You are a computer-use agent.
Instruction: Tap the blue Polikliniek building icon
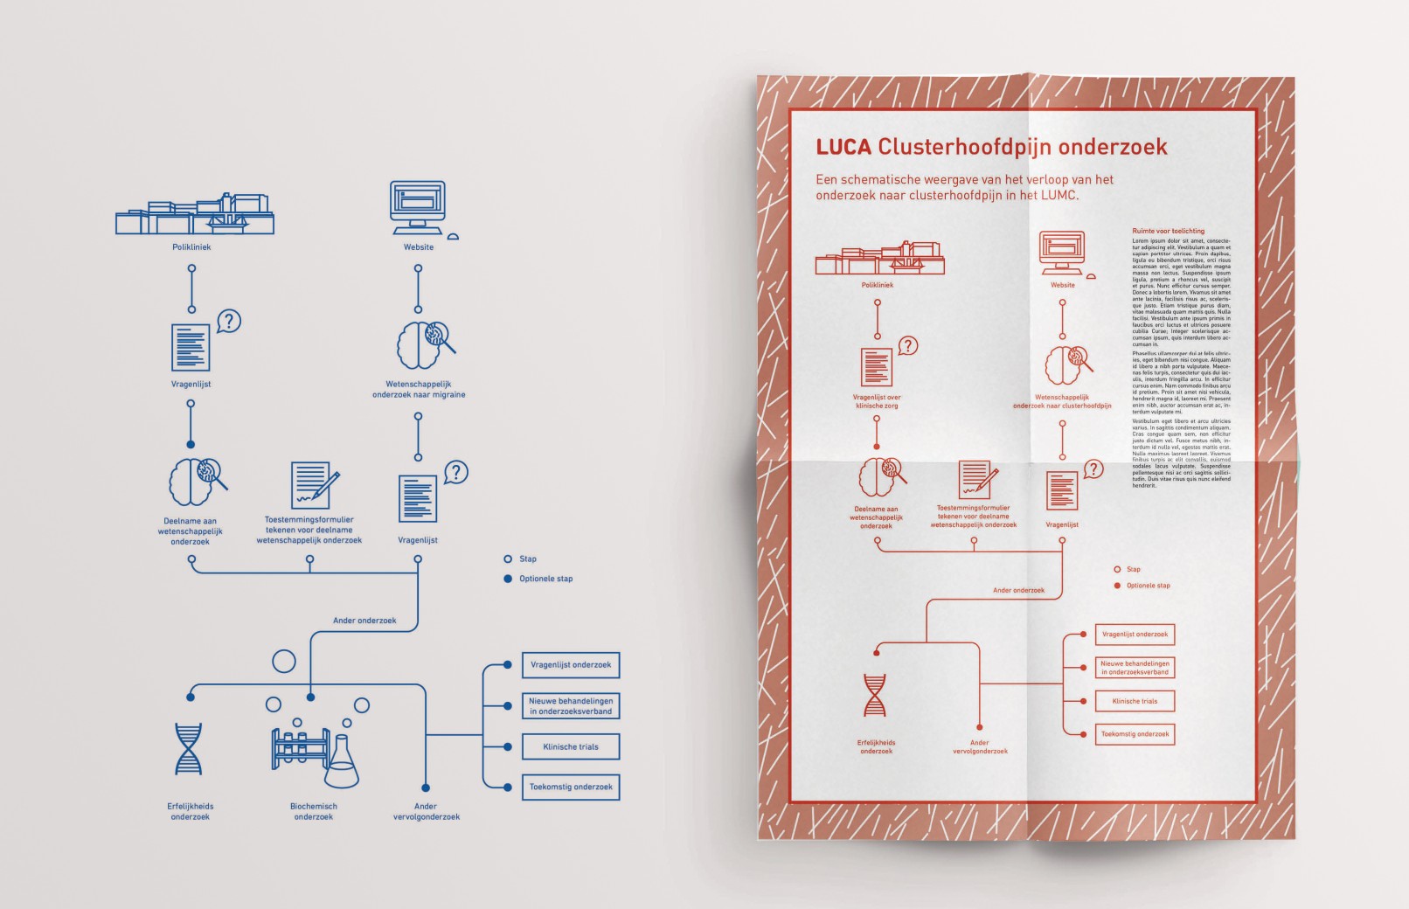[x=195, y=216]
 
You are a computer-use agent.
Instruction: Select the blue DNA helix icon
[x=188, y=749]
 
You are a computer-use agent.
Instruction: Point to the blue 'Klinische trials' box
[x=571, y=746]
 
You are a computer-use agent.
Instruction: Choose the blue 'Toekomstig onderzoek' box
[x=571, y=787]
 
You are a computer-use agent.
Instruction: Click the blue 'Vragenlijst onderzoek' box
[x=571, y=664]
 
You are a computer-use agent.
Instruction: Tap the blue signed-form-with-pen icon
[x=313, y=485]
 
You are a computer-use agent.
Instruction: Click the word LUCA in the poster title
[x=843, y=147]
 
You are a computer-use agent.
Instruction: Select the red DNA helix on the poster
[x=874, y=695]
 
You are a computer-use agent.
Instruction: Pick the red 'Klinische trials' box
[x=1135, y=701]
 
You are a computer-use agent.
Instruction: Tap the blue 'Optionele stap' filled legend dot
[x=508, y=579]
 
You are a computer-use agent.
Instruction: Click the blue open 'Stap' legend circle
[x=508, y=559]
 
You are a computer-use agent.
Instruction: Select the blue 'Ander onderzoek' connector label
[x=364, y=621]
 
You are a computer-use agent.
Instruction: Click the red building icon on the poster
[x=879, y=259]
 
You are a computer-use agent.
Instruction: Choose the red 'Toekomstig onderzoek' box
[x=1135, y=734]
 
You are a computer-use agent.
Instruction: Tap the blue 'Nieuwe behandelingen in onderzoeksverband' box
[x=571, y=706]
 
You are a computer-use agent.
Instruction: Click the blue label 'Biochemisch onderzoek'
[x=314, y=811]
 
